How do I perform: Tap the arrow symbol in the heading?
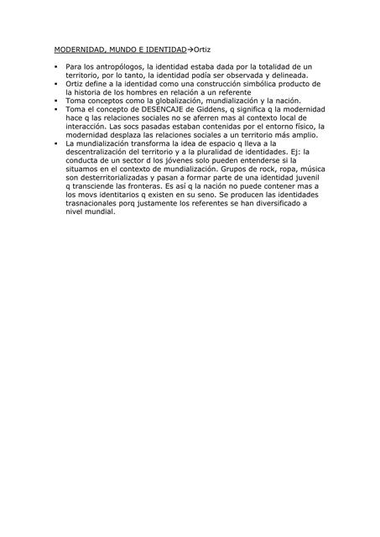coord(190,50)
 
